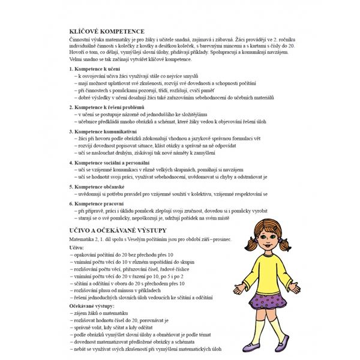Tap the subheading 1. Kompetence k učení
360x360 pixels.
click(97, 70)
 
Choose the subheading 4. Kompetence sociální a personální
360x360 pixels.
click(114, 162)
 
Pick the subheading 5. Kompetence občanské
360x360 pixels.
click(100, 186)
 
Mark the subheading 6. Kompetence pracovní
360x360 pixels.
click(98, 204)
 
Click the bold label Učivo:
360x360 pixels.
click(77, 247)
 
